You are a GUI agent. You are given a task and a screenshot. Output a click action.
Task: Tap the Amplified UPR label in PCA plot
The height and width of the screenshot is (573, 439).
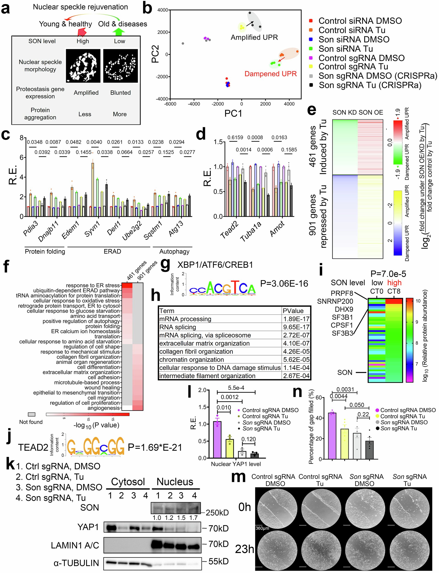254,37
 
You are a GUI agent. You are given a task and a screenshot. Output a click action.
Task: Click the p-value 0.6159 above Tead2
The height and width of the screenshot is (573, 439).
235,138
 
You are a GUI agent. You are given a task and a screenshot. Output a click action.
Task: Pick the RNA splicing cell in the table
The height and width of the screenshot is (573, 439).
178,327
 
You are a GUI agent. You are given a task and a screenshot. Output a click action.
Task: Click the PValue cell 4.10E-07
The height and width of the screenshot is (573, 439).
296,343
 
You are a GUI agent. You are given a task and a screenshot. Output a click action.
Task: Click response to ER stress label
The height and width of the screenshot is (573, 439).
93,285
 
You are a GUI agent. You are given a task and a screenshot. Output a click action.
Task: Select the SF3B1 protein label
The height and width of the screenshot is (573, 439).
342,317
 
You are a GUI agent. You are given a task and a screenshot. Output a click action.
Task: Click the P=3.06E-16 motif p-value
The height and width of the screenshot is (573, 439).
284,284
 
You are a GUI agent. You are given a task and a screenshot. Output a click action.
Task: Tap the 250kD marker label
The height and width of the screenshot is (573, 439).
217,513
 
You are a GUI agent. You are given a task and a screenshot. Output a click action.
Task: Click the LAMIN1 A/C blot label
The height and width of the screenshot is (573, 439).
75,545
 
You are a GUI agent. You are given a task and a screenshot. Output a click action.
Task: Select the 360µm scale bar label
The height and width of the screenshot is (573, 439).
262,528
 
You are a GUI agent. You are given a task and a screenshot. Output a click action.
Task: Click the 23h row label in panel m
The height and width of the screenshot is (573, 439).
244,549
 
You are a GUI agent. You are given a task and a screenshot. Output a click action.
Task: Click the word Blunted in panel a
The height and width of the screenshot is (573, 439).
120,93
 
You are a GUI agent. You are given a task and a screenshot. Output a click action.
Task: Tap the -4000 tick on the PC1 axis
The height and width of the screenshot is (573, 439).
194,104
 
